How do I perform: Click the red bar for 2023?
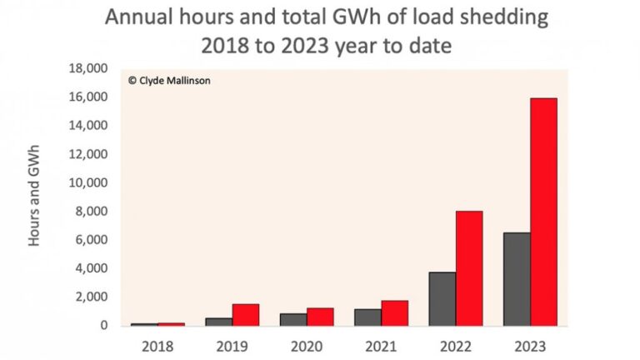point(543,212)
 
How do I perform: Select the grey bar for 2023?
point(517,279)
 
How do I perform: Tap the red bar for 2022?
point(468,267)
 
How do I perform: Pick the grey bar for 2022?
point(442,298)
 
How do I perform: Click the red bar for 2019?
point(245,314)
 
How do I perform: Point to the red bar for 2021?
point(394,312)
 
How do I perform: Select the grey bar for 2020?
point(293,319)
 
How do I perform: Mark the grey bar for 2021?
point(367,317)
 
